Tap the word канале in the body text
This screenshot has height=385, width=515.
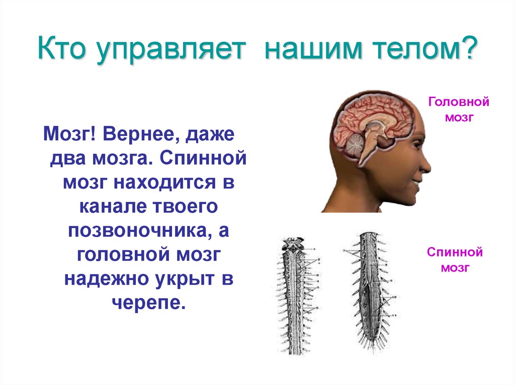coord(107,207)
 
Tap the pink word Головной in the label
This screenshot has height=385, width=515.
coord(458,102)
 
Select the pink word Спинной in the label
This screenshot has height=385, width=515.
coord(455,252)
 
